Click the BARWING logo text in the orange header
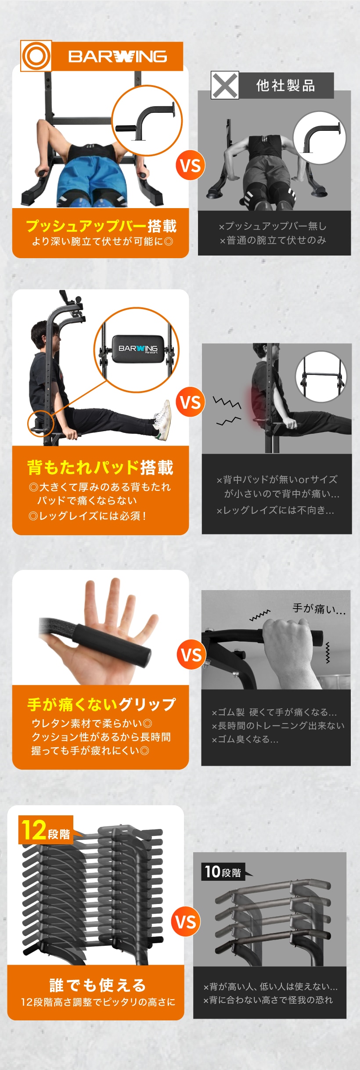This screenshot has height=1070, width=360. point(117,56)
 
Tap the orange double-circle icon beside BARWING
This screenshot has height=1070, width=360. point(36,56)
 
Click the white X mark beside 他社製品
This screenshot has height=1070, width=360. point(225,85)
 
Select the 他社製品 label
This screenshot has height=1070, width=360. point(286,85)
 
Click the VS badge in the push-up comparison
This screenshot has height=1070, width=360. point(190,166)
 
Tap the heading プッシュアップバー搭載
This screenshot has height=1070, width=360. point(101,226)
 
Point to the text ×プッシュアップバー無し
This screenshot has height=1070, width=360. point(273,226)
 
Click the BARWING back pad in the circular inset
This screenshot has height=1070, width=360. point(138,349)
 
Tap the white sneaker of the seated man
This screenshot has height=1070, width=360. point(163,419)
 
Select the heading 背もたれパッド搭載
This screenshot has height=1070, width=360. point(101,467)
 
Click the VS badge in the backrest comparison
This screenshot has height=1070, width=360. point(190,402)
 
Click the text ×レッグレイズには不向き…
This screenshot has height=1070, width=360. point(275,510)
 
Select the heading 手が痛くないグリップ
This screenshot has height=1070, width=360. point(101,704)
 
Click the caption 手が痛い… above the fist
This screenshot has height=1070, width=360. point(319,609)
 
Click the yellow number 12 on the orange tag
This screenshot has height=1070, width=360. point(34,830)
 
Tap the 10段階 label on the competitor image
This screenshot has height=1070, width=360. point(223,872)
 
